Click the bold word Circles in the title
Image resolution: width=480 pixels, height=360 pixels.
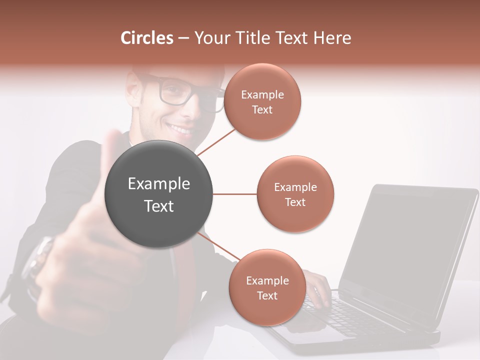(x=147, y=38)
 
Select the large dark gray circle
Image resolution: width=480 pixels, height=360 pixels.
(x=158, y=194)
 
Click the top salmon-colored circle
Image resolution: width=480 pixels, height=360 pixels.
(x=262, y=101)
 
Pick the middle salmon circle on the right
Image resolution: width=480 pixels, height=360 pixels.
(x=295, y=194)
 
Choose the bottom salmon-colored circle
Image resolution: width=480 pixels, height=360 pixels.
(x=267, y=287)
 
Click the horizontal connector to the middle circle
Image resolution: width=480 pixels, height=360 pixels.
(x=235, y=194)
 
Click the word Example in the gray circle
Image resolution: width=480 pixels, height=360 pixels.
(x=158, y=184)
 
